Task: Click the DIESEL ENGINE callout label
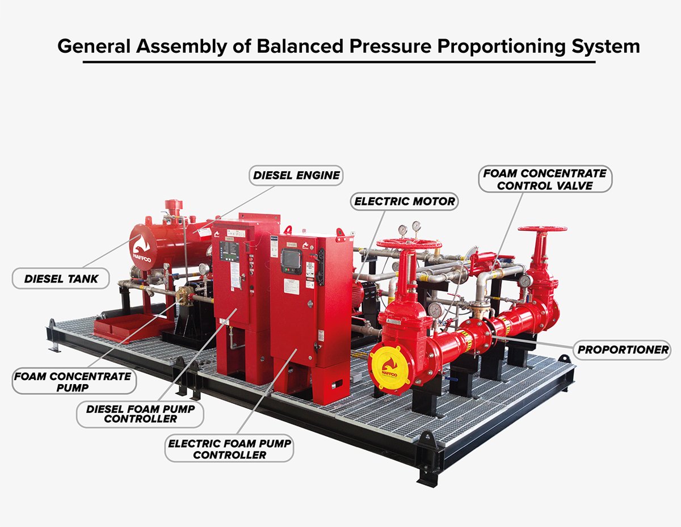[x=296, y=175]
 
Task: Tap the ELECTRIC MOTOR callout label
[x=404, y=201]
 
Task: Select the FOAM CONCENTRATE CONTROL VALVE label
[x=545, y=179]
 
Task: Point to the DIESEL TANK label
[x=61, y=279]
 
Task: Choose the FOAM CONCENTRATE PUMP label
[x=74, y=381]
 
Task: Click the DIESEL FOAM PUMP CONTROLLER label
[x=140, y=414]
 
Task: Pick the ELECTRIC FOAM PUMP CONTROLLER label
[x=229, y=449]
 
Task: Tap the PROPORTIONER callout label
[x=623, y=350]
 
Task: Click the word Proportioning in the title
[x=502, y=47]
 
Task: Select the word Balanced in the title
[x=300, y=46]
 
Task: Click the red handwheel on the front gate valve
[x=409, y=243]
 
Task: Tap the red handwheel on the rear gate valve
[x=543, y=229]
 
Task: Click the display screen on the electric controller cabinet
[x=291, y=259]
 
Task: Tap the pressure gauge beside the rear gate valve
[x=526, y=281]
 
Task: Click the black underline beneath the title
[x=339, y=62]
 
